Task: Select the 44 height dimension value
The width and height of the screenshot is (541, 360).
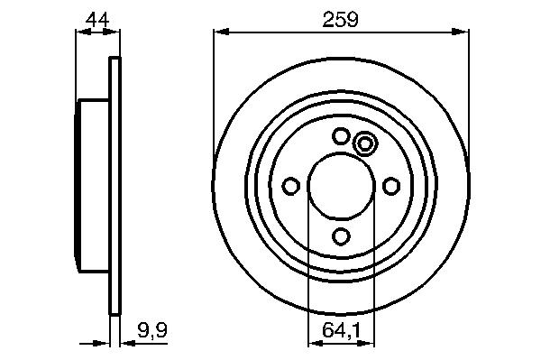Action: tap(97, 20)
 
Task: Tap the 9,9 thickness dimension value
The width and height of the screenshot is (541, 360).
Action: tap(152, 330)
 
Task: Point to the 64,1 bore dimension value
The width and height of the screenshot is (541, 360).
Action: tap(341, 330)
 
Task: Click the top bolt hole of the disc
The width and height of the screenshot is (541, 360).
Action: tap(341, 136)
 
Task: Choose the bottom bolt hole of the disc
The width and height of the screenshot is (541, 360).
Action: tap(341, 236)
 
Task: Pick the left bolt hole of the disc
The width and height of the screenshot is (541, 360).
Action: tap(291, 187)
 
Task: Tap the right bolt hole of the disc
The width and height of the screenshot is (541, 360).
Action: tap(391, 187)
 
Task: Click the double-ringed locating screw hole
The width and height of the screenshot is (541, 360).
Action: tap(364, 143)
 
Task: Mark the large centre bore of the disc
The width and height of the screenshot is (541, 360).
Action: tap(341, 187)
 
